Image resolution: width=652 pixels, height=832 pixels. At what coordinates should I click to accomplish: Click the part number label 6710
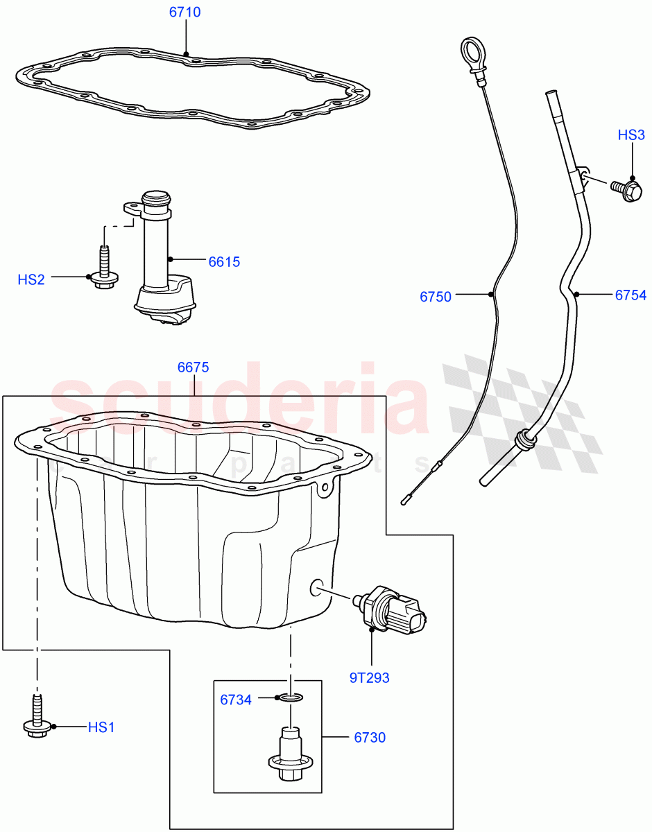[185, 12]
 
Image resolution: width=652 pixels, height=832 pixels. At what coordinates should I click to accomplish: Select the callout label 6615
[224, 261]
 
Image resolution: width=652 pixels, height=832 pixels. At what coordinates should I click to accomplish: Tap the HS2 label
[31, 279]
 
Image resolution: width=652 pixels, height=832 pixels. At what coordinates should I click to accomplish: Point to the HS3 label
[631, 135]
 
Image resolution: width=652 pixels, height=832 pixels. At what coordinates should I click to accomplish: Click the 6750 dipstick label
[436, 297]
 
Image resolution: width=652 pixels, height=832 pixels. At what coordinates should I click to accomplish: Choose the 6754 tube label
[630, 295]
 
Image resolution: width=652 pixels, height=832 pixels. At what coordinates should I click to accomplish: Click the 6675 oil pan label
[193, 367]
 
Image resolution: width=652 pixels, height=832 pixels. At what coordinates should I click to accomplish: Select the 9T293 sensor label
[369, 677]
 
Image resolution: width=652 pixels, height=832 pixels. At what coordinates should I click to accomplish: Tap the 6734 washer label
[236, 700]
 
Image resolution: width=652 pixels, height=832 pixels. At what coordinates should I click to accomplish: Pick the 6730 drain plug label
[370, 738]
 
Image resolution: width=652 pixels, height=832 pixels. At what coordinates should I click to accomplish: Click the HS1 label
[101, 727]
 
